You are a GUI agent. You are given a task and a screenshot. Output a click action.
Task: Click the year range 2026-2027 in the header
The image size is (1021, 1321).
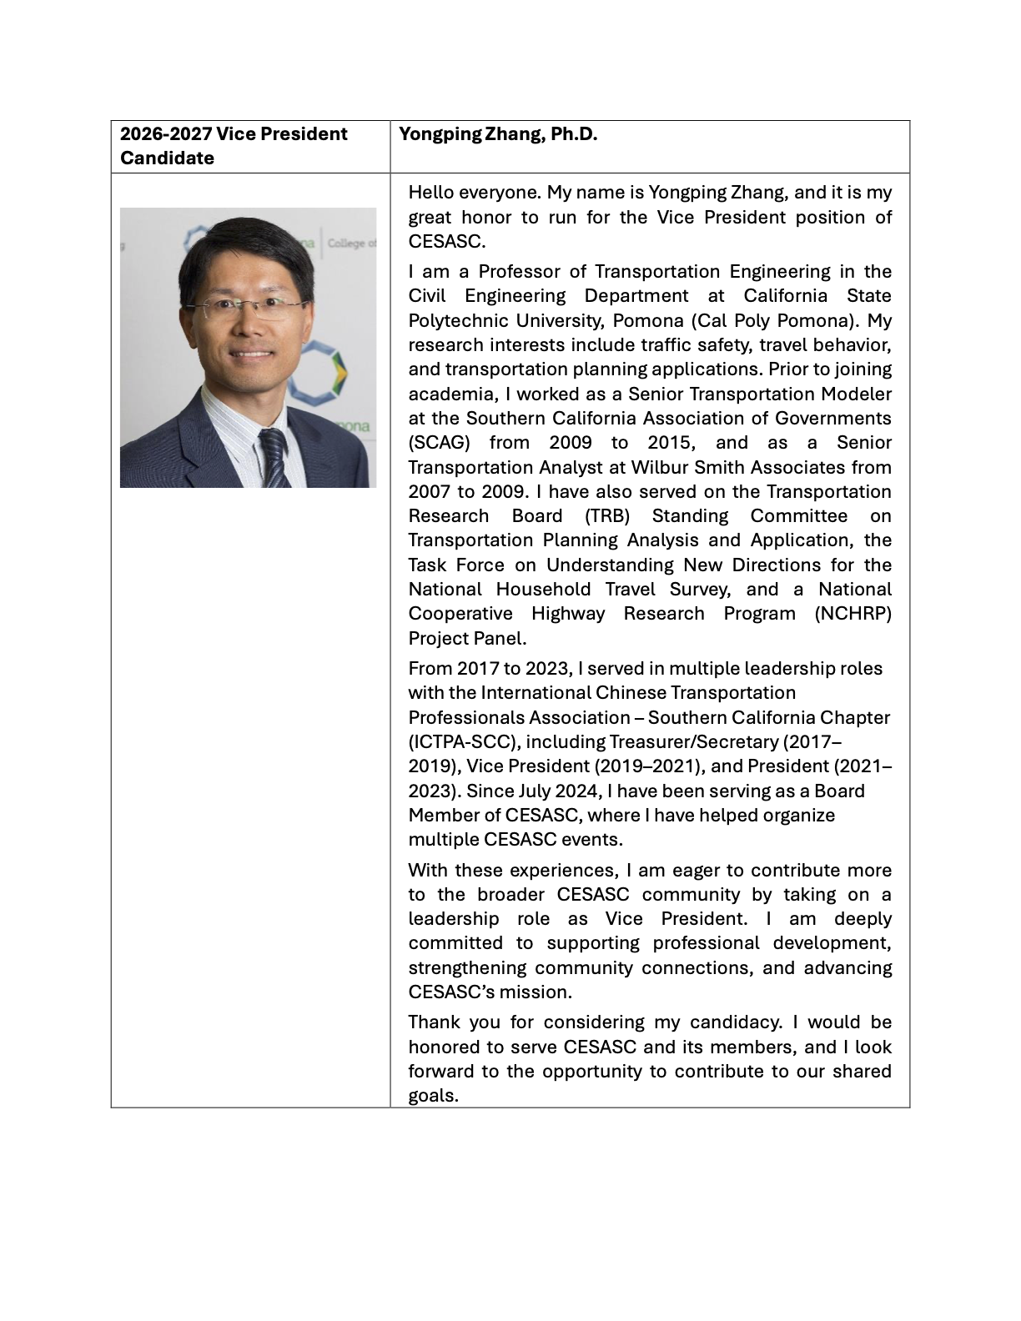[162, 134]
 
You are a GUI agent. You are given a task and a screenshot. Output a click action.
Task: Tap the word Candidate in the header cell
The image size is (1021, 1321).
[167, 158]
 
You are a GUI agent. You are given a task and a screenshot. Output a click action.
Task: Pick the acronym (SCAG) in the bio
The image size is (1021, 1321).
[439, 443]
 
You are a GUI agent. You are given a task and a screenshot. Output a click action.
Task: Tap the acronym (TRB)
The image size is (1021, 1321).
[606, 516]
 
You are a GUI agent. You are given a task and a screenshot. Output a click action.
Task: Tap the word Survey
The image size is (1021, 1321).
[700, 590]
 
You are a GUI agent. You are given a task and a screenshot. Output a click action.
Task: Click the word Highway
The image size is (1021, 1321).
[568, 614]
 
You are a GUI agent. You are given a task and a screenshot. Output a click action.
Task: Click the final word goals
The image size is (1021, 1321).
[433, 1096]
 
